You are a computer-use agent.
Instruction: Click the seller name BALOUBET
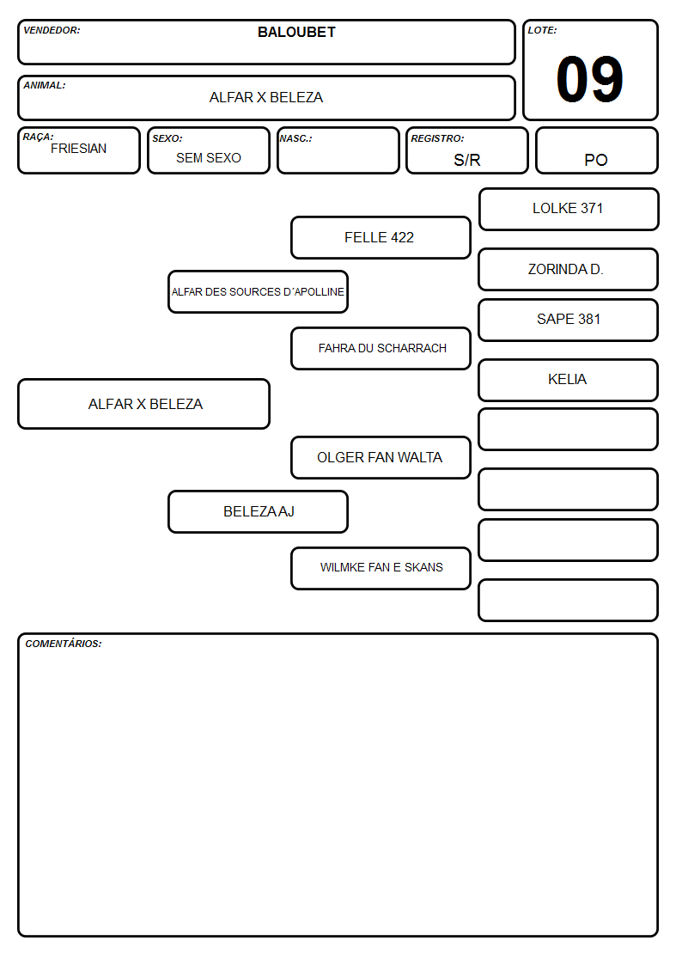[x=296, y=32]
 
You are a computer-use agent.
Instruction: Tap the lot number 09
[x=590, y=79]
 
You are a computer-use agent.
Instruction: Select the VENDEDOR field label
[x=52, y=30]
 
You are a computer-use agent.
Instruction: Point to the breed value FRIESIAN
[x=79, y=149]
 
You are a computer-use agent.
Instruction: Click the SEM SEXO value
[x=209, y=158]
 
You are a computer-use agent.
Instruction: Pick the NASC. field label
[x=295, y=139]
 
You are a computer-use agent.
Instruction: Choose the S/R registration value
[x=466, y=160]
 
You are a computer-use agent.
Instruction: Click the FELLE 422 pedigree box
[x=381, y=237]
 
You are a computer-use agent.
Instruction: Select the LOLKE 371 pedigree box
[x=569, y=210]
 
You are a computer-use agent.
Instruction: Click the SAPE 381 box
[x=569, y=320]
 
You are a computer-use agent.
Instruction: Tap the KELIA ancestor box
[x=569, y=381]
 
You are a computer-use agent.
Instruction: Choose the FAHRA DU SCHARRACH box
[x=381, y=348]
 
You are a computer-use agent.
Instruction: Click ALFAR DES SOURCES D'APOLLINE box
[x=259, y=291]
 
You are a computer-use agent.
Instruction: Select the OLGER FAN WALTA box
[x=381, y=458]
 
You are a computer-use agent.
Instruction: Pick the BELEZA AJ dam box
[x=259, y=512]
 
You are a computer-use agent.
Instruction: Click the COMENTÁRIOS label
[x=64, y=644]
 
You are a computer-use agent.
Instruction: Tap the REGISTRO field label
[x=438, y=139]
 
